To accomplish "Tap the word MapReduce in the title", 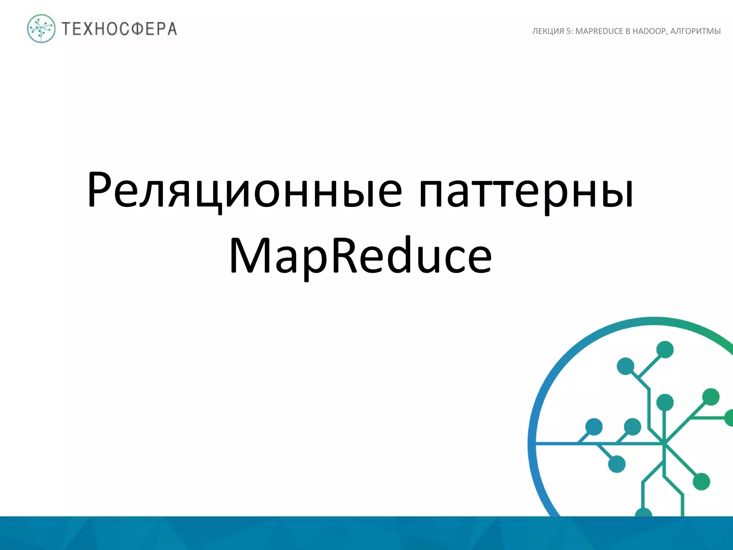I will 360,256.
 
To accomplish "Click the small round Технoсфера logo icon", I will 41,29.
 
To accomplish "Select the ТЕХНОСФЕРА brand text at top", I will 120,29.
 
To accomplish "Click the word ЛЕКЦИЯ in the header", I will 548,32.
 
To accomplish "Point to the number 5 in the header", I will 568,32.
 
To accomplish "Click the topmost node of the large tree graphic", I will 665,349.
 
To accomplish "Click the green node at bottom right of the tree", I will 701,482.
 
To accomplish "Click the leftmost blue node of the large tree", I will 594,427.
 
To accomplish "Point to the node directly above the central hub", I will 665,402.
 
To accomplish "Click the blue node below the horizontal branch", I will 617,464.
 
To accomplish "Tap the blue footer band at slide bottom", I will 358,534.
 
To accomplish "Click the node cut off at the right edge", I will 729,418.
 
